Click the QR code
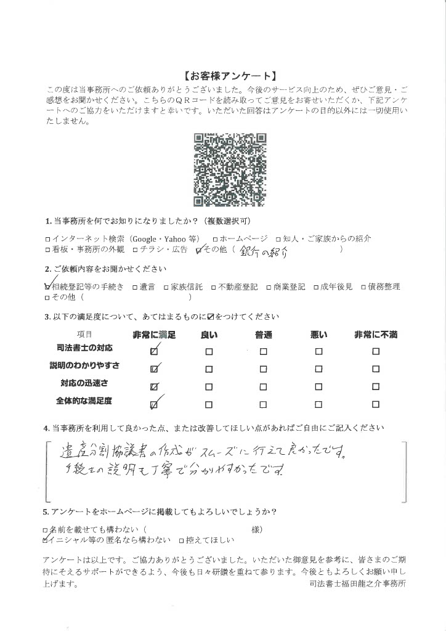pyautogui.click(x=230, y=169)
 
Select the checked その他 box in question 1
pyautogui.click(x=198, y=250)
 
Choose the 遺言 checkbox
pyautogui.click(x=134, y=287)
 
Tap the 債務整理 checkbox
pyautogui.click(x=364, y=287)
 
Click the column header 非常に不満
pyautogui.click(x=375, y=335)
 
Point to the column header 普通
pyautogui.click(x=263, y=335)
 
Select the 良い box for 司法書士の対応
pyautogui.click(x=209, y=352)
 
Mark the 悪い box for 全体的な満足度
pyautogui.click(x=318, y=405)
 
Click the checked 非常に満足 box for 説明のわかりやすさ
pyautogui.click(x=154, y=370)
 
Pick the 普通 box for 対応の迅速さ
pyautogui.click(x=263, y=387)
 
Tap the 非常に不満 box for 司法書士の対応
pyautogui.click(x=375, y=352)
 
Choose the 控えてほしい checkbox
pyautogui.click(x=181, y=540)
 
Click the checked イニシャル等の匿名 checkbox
pyautogui.click(x=47, y=540)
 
